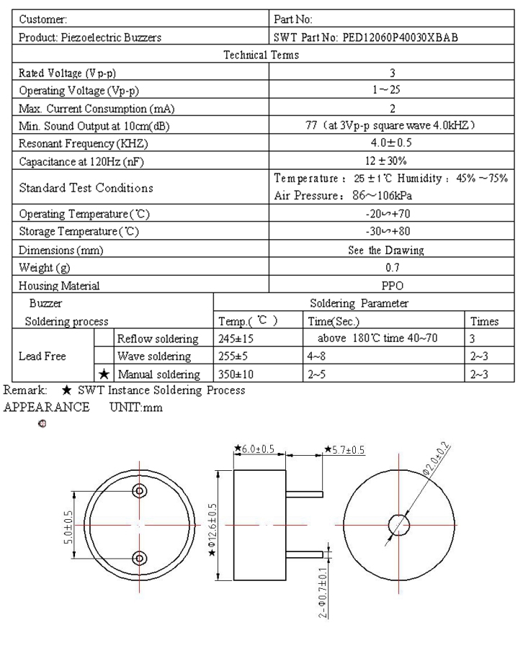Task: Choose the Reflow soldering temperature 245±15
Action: pyautogui.click(x=239, y=338)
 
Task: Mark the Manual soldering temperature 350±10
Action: pyautogui.click(x=239, y=373)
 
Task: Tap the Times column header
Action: pyautogui.click(x=483, y=320)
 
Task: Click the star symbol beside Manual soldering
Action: pyautogui.click(x=104, y=373)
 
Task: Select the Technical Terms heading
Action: pyautogui.click(x=261, y=55)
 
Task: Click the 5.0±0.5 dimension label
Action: pyautogui.click(x=66, y=523)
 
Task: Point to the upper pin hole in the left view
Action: pyautogui.click(x=139, y=490)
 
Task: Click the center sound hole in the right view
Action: pyautogui.click(x=398, y=524)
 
